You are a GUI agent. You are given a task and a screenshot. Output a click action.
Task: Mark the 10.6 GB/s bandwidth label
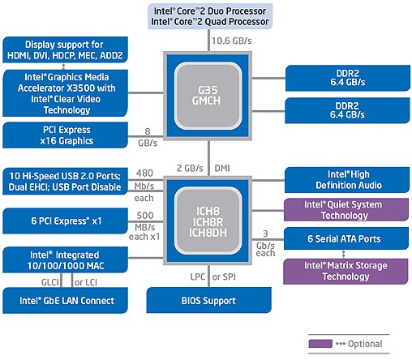click(x=230, y=40)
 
